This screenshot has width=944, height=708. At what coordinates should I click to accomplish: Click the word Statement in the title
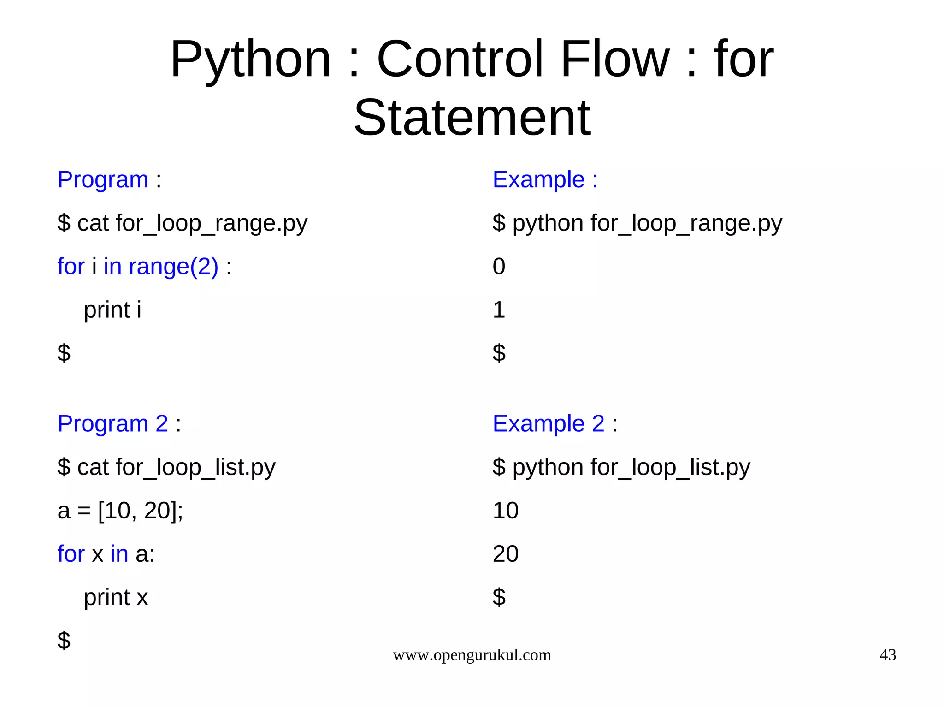[472, 118]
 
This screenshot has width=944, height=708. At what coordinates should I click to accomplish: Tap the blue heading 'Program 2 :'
[119, 423]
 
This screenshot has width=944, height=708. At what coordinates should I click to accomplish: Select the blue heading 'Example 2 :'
[555, 423]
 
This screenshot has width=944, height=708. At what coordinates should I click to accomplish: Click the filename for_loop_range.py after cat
[212, 223]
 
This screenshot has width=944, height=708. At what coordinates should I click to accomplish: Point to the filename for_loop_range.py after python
[686, 223]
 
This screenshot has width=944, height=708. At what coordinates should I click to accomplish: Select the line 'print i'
[112, 309]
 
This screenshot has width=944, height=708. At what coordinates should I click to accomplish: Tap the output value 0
[499, 267]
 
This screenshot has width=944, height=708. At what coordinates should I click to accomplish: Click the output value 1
[499, 309]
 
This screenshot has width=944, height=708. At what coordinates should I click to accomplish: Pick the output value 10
[505, 511]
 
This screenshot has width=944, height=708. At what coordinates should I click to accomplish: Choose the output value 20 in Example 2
[505, 554]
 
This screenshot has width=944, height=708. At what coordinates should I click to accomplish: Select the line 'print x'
[116, 597]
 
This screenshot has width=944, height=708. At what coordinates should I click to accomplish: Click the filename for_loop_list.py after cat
[195, 467]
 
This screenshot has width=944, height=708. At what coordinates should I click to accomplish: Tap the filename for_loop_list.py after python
[670, 467]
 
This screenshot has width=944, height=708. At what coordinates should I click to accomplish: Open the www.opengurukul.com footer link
[472, 655]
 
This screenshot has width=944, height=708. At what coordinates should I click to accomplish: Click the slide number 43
[887, 655]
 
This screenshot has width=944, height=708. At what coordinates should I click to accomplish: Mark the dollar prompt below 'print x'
[64, 640]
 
